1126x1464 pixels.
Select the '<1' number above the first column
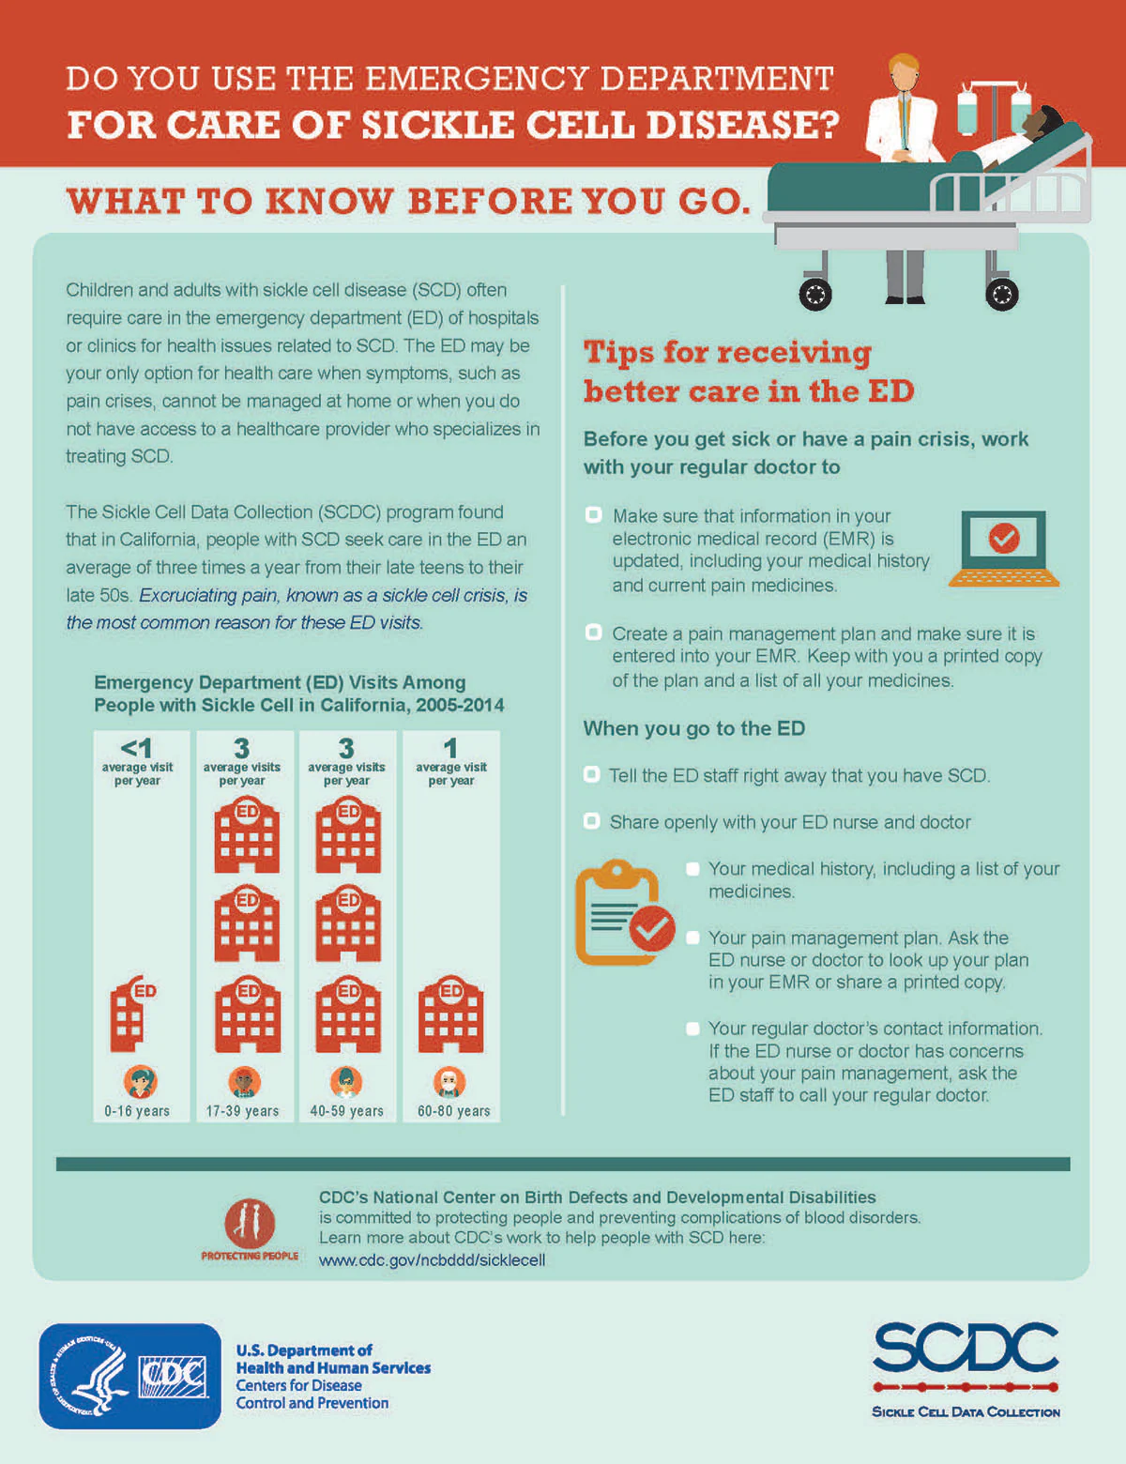tap(137, 749)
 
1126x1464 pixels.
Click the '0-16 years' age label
tap(137, 1111)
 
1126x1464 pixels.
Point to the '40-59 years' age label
tap(347, 1111)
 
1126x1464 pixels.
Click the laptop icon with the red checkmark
tap(1003, 548)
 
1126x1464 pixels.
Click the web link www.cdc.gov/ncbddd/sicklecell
tap(432, 1259)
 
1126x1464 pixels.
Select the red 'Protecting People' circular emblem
tap(250, 1223)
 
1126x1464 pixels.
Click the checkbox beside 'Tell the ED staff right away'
tap(591, 774)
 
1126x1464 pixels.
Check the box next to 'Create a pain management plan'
tap(593, 632)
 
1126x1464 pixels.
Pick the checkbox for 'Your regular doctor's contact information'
tap(692, 1029)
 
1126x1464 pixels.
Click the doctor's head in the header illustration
tap(904, 72)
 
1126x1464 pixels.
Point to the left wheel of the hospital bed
tap(814, 295)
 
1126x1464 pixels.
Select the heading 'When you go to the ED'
tap(694, 728)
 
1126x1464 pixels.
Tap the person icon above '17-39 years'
tap(244, 1082)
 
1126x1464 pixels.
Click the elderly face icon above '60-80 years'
tap(449, 1082)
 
